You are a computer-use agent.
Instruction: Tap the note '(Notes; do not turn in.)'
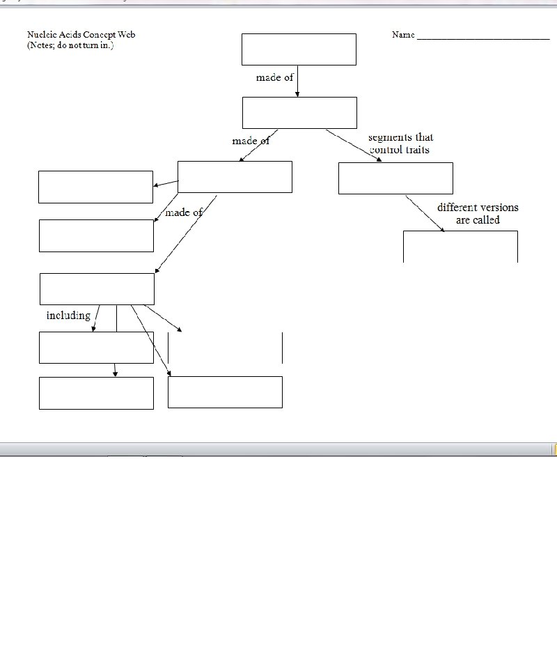coord(70,45)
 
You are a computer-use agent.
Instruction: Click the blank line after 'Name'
coord(483,36)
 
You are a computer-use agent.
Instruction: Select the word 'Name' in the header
coord(403,35)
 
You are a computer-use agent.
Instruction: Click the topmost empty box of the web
coord(299,49)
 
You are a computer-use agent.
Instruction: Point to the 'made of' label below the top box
coord(274,77)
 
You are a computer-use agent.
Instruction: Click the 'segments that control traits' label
coord(400,144)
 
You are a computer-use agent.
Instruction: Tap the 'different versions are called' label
coord(478,213)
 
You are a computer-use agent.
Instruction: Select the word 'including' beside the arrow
coord(68,316)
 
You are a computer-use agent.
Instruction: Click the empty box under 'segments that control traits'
coord(395,178)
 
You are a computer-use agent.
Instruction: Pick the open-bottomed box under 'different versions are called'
coord(460,247)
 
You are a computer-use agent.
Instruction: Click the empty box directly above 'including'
coord(97,289)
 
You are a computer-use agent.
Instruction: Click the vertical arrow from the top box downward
coord(297,82)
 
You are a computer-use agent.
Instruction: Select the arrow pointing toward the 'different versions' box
coord(425,213)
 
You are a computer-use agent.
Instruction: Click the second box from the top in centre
coord(299,113)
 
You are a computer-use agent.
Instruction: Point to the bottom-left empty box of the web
coord(96,393)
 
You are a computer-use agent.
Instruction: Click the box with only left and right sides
coord(225,348)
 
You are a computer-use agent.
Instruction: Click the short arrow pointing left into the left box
coord(166,184)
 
